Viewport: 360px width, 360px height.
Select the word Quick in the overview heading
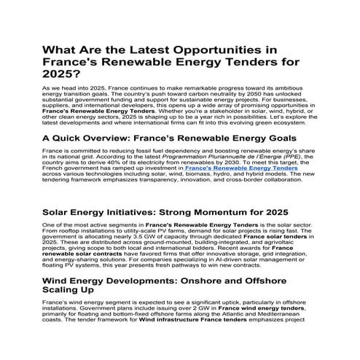[x=74, y=136]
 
